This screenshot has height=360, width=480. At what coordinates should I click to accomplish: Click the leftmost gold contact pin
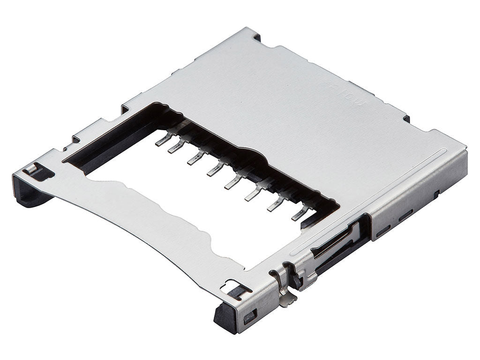(x=162, y=140)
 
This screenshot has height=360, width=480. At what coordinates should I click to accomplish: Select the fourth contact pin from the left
(x=213, y=171)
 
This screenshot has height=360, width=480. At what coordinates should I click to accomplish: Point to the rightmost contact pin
(x=299, y=215)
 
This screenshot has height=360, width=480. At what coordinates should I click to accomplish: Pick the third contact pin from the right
(x=252, y=193)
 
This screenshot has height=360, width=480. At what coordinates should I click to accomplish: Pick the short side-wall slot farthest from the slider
(x=436, y=193)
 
